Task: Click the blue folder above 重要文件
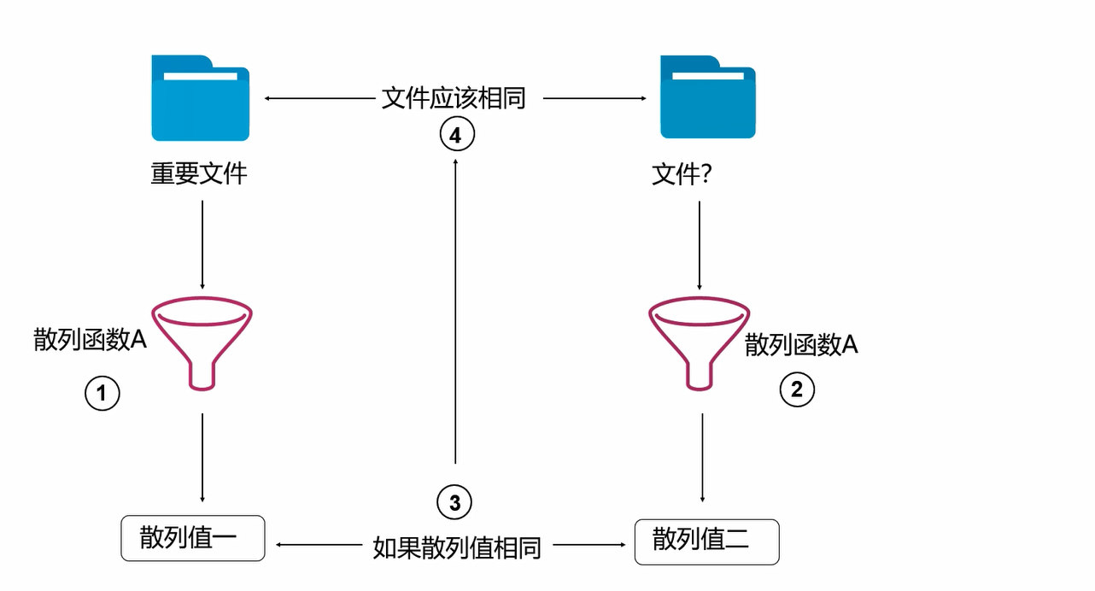[x=201, y=98]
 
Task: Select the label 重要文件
[x=199, y=174]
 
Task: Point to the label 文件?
[x=682, y=175]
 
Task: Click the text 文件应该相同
[x=454, y=98]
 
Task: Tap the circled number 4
[x=456, y=135]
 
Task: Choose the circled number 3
[x=454, y=503]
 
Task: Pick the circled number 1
[x=102, y=394]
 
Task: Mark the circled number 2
[x=797, y=390]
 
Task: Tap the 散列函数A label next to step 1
[x=91, y=340]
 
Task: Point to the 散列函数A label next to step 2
[x=801, y=344]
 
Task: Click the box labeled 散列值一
[x=193, y=538]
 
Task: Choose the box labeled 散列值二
[x=706, y=541]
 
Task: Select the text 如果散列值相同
[x=457, y=547]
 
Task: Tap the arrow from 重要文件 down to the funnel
[x=202, y=244]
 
